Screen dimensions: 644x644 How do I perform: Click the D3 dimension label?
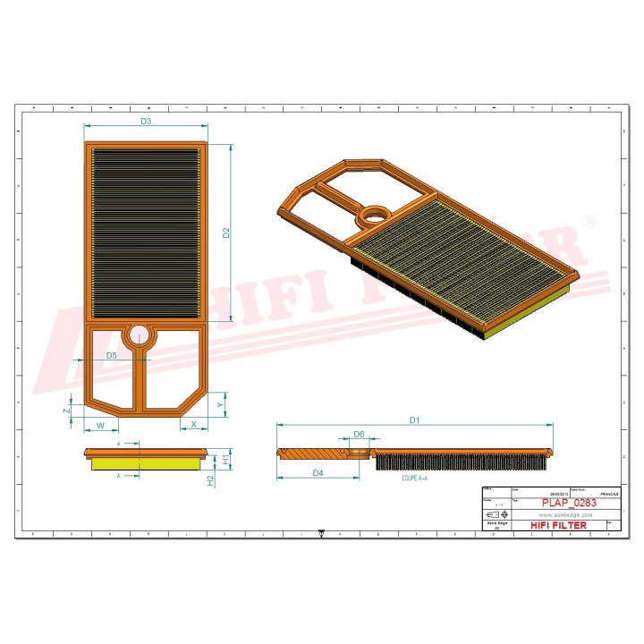click(x=145, y=121)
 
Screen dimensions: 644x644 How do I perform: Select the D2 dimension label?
click(x=226, y=233)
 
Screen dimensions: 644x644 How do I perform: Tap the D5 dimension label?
click(x=112, y=355)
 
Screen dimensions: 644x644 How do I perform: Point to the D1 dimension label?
click(x=414, y=419)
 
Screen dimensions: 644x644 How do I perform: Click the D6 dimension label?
click(x=359, y=434)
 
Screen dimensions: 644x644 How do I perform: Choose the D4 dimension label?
click(x=318, y=472)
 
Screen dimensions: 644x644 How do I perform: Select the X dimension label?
click(x=194, y=424)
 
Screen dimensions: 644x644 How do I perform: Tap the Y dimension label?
click(x=220, y=404)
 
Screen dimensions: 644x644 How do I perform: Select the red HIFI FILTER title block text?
click(x=559, y=525)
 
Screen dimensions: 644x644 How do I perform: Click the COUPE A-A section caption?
click(x=415, y=479)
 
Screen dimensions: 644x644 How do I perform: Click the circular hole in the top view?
click(x=139, y=335)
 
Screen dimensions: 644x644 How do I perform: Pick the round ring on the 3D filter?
click(x=374, y=215)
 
